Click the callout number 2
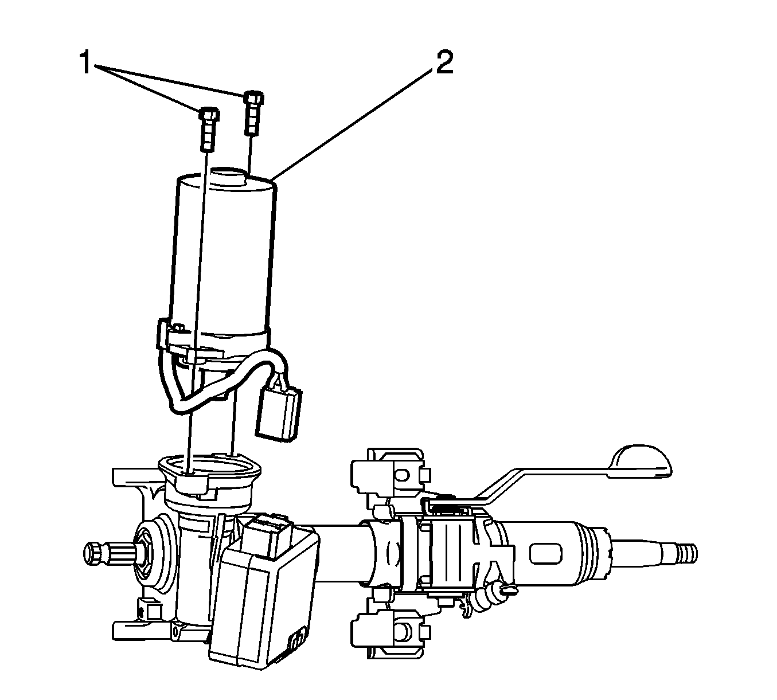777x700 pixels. pyautogui.click(x=444, y=62)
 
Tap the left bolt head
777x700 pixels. pyautogui.click(x=209, y=114)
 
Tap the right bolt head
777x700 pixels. pyautogui.click(x=254, y=97)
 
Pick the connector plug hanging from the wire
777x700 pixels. pyautogui.click(x=279, y=414)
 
